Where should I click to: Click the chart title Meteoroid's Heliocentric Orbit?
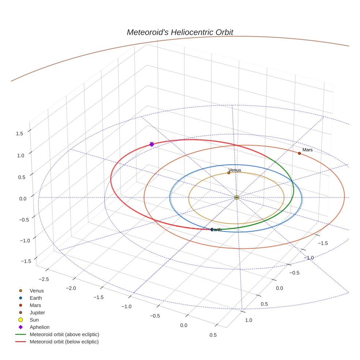click(180, 32)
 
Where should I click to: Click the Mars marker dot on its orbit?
click(299, 153)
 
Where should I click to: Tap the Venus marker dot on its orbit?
click(229, 173)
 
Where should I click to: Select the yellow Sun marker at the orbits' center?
click(237, 197)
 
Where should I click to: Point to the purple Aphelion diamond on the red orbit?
click(151, 145)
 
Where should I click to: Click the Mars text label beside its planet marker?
click(307, 150)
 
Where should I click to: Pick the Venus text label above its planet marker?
click(235, 170)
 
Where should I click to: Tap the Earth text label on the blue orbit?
click(216, 230)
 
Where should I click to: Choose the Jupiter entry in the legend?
click(37, 312)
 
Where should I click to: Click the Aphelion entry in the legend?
click(40, 327)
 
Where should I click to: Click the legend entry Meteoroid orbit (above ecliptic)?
click(64, 334)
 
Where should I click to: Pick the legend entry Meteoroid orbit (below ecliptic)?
click(64, 342)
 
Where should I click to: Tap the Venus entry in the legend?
click(37, 291)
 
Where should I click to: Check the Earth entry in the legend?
click(35, 298)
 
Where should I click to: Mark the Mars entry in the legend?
click(35, 305)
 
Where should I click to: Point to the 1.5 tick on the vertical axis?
click(19, 134)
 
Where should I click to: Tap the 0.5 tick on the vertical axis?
click(19, 177)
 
